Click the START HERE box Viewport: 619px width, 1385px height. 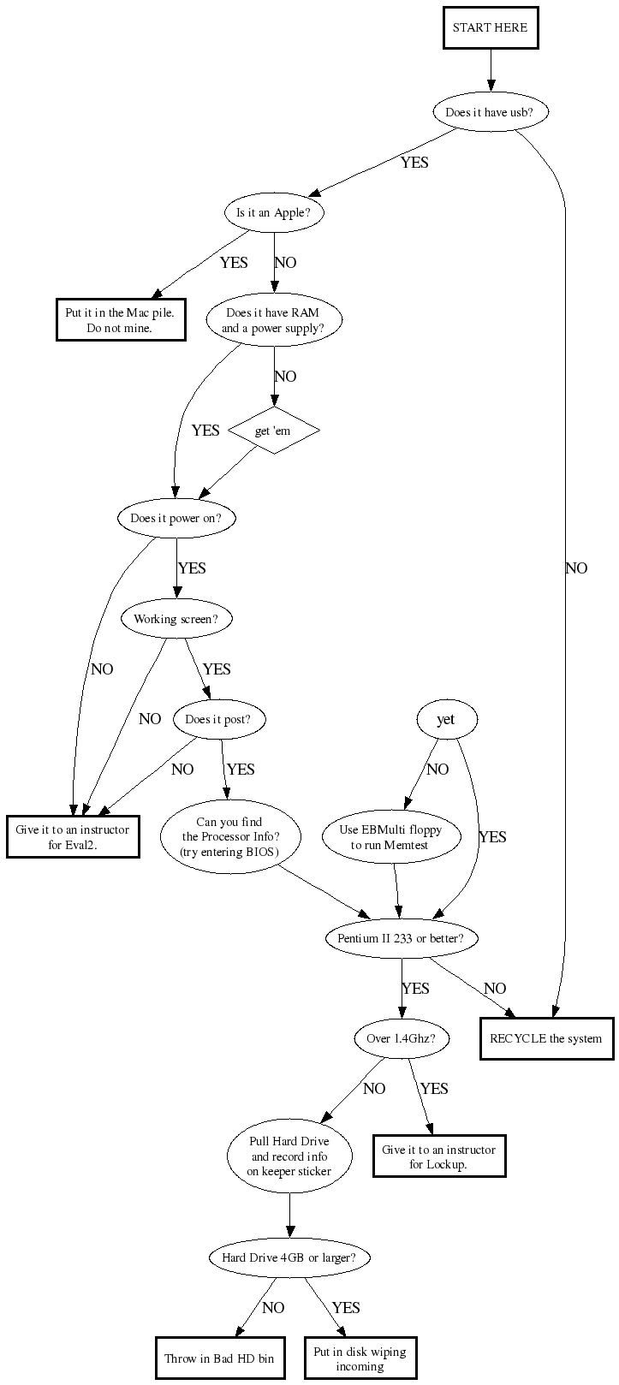pos(491,27)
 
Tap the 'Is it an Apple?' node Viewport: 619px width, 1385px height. pos(274,213)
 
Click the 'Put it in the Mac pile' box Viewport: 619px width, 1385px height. pos(121,320)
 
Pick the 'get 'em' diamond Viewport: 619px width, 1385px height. pos(273,431)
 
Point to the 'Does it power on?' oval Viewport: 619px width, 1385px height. pos(176,518)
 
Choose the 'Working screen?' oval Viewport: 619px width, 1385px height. pos(176,619)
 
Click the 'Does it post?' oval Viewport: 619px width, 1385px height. pos(218,719)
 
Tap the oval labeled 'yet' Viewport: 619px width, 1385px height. pos(445,719)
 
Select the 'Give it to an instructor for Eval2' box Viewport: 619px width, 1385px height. pos(73,836)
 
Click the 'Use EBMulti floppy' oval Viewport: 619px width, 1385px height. pos(390,837)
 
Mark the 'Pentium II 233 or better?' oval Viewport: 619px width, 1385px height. pos(401,938)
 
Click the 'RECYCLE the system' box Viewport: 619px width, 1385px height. pos(546,1038)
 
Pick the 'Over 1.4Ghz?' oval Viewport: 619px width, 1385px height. pos(401,1038)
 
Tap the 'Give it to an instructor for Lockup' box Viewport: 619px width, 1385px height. pos(438,1156)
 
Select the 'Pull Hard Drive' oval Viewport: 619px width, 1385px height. pos(289,1156)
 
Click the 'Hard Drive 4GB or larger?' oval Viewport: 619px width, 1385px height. pos(289,1257)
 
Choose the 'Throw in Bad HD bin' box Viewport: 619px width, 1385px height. pos(220,1358)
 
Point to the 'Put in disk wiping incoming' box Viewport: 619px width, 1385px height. pos(360,1358)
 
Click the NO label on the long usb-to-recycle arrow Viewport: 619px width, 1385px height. pos(576,568)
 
